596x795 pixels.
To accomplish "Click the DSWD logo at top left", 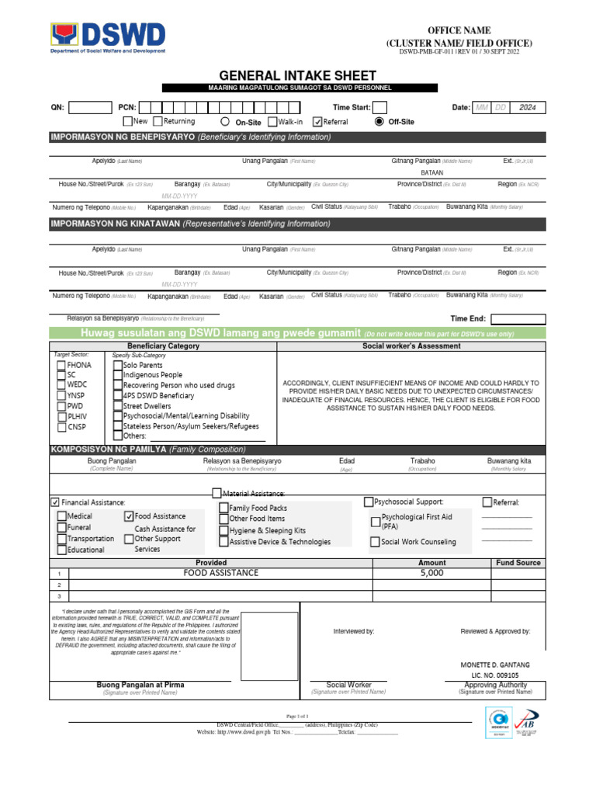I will pos(108,38).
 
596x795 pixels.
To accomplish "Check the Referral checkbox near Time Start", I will pos(317,122).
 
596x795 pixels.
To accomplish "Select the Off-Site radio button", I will pos(379,122).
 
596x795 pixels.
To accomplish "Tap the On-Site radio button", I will pos(225,122).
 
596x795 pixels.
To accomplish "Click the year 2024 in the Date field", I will pos(528,107).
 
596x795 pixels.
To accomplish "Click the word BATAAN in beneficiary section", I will pos(431,172).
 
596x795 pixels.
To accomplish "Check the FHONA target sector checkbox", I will pos(61,364).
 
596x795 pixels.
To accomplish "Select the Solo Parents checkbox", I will pos(118,364).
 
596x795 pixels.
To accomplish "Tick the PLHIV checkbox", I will pos(61,416).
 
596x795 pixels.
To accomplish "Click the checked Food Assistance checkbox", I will pos(129,516).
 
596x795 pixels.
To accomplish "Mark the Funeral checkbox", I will pos(61,527).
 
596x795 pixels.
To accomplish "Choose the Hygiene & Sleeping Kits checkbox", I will pos(223,530).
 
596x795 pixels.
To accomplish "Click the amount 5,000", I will pos(431,573).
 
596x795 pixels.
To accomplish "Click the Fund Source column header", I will pos(518,563).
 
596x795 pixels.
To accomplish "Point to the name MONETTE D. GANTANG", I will pos(495,665).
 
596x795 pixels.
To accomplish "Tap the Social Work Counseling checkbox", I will pos(376,542).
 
